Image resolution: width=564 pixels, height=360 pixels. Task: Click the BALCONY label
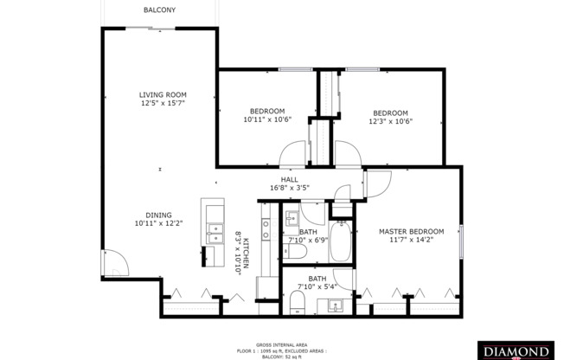point(160,10)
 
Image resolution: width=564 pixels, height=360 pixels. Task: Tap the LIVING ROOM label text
point(163,94)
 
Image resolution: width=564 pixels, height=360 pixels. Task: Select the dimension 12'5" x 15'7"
point(163,103)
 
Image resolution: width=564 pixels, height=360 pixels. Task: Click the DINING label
point(158,215)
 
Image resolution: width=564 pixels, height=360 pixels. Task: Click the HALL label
point(289,179)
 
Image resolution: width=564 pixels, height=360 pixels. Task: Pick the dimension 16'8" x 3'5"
point(289,187)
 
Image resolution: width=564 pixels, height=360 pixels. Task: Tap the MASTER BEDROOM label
point(411,232)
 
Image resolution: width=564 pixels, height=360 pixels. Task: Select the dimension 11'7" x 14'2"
point(411,241)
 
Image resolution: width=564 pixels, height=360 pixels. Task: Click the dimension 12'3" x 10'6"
point(391,121)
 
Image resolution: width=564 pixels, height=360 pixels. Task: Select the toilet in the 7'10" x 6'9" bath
point(292,251)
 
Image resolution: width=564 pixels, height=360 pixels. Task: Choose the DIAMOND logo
point(516,351)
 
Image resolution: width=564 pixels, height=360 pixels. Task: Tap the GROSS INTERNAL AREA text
point(281,344)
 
